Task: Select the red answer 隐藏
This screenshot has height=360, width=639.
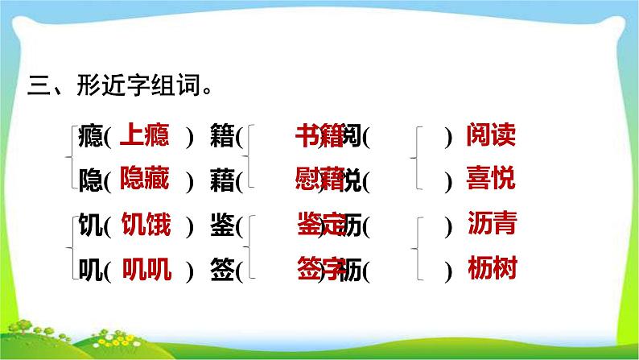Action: tap(144, 180)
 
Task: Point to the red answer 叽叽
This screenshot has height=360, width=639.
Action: tap(146, 270)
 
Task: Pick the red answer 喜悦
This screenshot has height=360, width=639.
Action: tap(490, 180)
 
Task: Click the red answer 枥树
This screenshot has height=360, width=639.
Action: tap(490, 270)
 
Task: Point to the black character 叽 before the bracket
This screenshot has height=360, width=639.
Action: tap(91, 271)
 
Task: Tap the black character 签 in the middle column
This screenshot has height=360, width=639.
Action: tap(221, 271)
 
